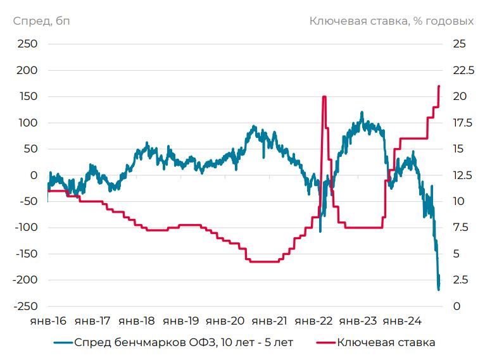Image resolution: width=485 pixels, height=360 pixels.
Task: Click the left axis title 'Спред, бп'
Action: point(41,21)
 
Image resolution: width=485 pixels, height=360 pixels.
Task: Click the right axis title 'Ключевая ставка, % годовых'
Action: point(391,21)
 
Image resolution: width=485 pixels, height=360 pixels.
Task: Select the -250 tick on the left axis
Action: point(26,307)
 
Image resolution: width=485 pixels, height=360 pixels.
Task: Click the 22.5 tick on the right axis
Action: point(462,70)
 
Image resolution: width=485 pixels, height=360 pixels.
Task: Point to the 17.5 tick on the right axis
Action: point(462,123)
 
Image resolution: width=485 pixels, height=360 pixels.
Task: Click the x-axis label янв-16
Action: point(48,321)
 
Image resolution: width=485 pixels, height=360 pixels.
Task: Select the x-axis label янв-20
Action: point(229,321)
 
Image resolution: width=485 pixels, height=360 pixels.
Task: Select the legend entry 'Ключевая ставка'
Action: point(386,344)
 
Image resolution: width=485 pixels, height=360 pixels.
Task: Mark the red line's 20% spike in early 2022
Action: point(324,97)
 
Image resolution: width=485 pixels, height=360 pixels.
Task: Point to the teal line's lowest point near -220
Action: point(439,290)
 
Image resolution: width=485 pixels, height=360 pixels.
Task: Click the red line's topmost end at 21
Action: point(439,86)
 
